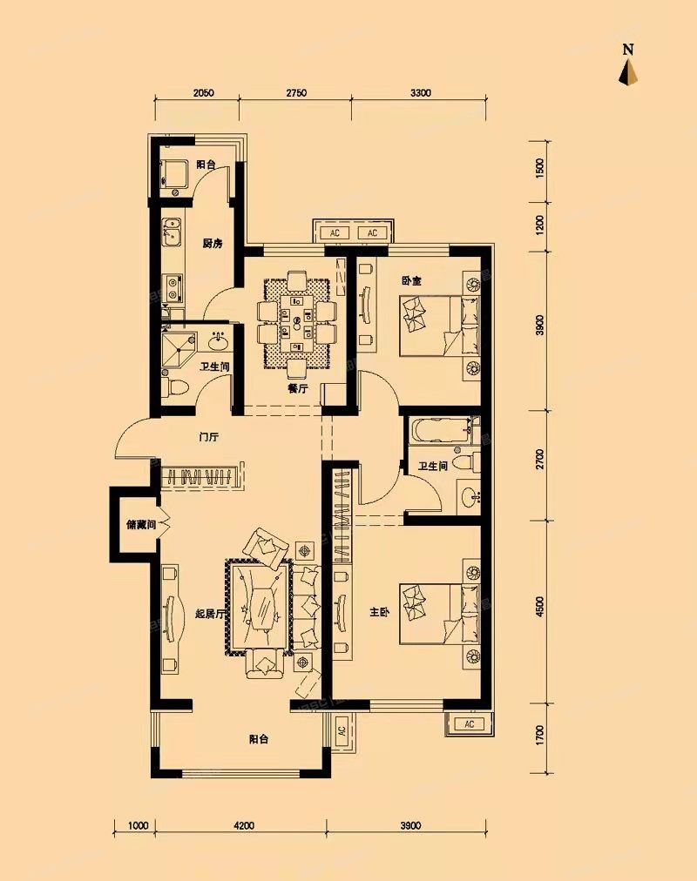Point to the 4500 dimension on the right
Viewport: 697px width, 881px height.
point(541,607)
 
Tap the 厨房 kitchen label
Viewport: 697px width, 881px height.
point(213,244)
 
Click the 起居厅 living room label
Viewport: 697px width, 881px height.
point(212,613)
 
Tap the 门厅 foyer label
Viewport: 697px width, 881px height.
point(207,438)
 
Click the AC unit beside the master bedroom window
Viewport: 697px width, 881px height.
point(469,724)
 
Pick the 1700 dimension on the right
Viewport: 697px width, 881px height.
point(541,736)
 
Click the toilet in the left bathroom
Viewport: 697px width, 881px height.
point(173,385)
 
